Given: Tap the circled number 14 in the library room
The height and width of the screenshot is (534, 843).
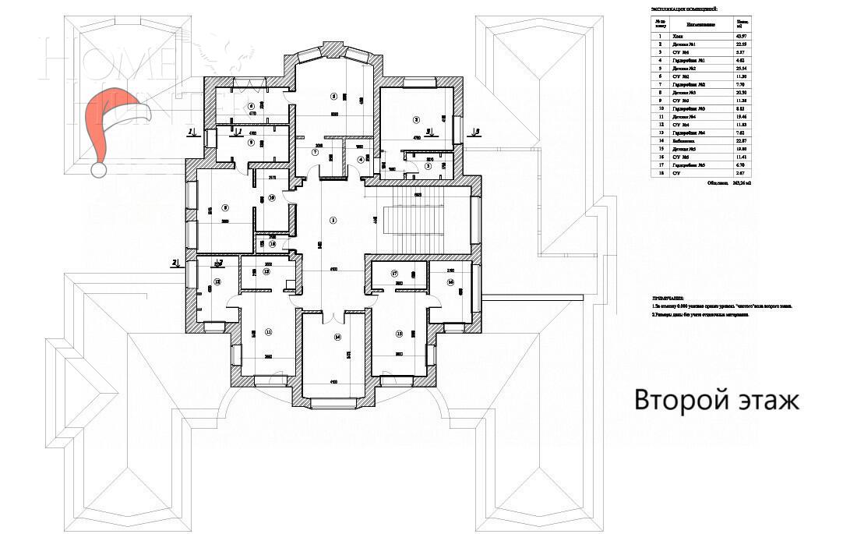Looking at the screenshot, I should point(337,338).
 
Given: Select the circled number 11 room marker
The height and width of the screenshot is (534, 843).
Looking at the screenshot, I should point(269,332).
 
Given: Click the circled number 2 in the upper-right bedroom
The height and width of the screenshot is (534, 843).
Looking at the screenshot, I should point(416,120).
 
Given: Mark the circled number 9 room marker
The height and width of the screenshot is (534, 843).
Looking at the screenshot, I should point(251,143).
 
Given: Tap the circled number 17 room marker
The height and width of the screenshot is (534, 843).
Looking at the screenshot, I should point(394,274).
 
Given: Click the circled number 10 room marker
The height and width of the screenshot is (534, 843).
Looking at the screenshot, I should point(272,198).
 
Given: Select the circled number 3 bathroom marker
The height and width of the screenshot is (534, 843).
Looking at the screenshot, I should point(428,166).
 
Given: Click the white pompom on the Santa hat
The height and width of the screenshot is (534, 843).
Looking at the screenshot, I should point(99,168).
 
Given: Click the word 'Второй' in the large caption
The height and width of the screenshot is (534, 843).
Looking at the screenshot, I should point(679,401).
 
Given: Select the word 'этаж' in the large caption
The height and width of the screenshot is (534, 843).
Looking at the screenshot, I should point(767,401).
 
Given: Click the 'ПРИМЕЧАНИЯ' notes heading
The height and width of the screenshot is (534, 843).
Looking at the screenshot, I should point(671,299).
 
